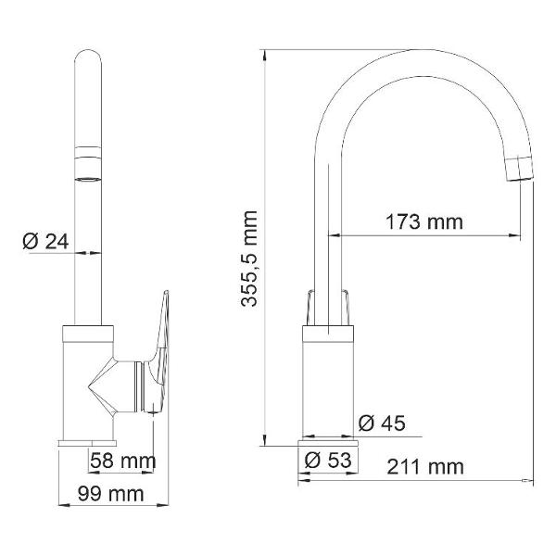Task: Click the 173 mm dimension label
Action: coord(424,222)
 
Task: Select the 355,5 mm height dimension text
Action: coord(249,259)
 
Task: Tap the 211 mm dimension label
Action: coord(425,467)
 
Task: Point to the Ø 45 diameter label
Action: coord(382,423)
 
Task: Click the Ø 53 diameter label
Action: coord(328,461)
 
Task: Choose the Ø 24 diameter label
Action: coord(45,242)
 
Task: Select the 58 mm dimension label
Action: coord(122,461)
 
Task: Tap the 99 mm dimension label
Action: coord(110,494)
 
